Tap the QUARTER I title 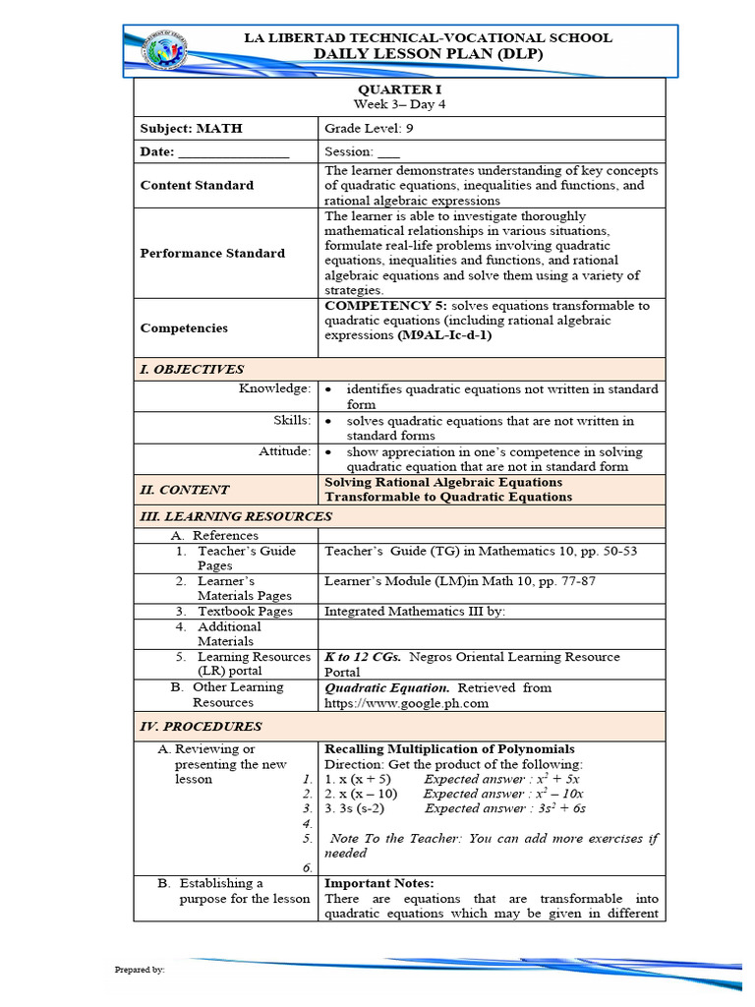point(398,89)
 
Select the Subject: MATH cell point(191,128)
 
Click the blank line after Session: point(389,152)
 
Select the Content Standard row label point(197,185)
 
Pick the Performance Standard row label point(212,253)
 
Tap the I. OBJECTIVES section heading point(192,370)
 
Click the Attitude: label point(285,451)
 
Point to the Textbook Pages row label point(245,611)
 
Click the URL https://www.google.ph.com point(406,703)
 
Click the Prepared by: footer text point(140,970)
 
